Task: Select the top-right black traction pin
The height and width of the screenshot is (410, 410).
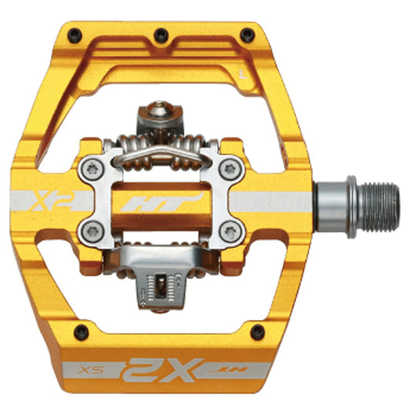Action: tap(245, 35)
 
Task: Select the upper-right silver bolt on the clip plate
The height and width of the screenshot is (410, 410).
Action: tap(227, 168)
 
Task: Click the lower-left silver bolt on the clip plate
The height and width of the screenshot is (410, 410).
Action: tap(92, 227)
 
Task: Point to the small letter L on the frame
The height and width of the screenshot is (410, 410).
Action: tap(242, 75)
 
